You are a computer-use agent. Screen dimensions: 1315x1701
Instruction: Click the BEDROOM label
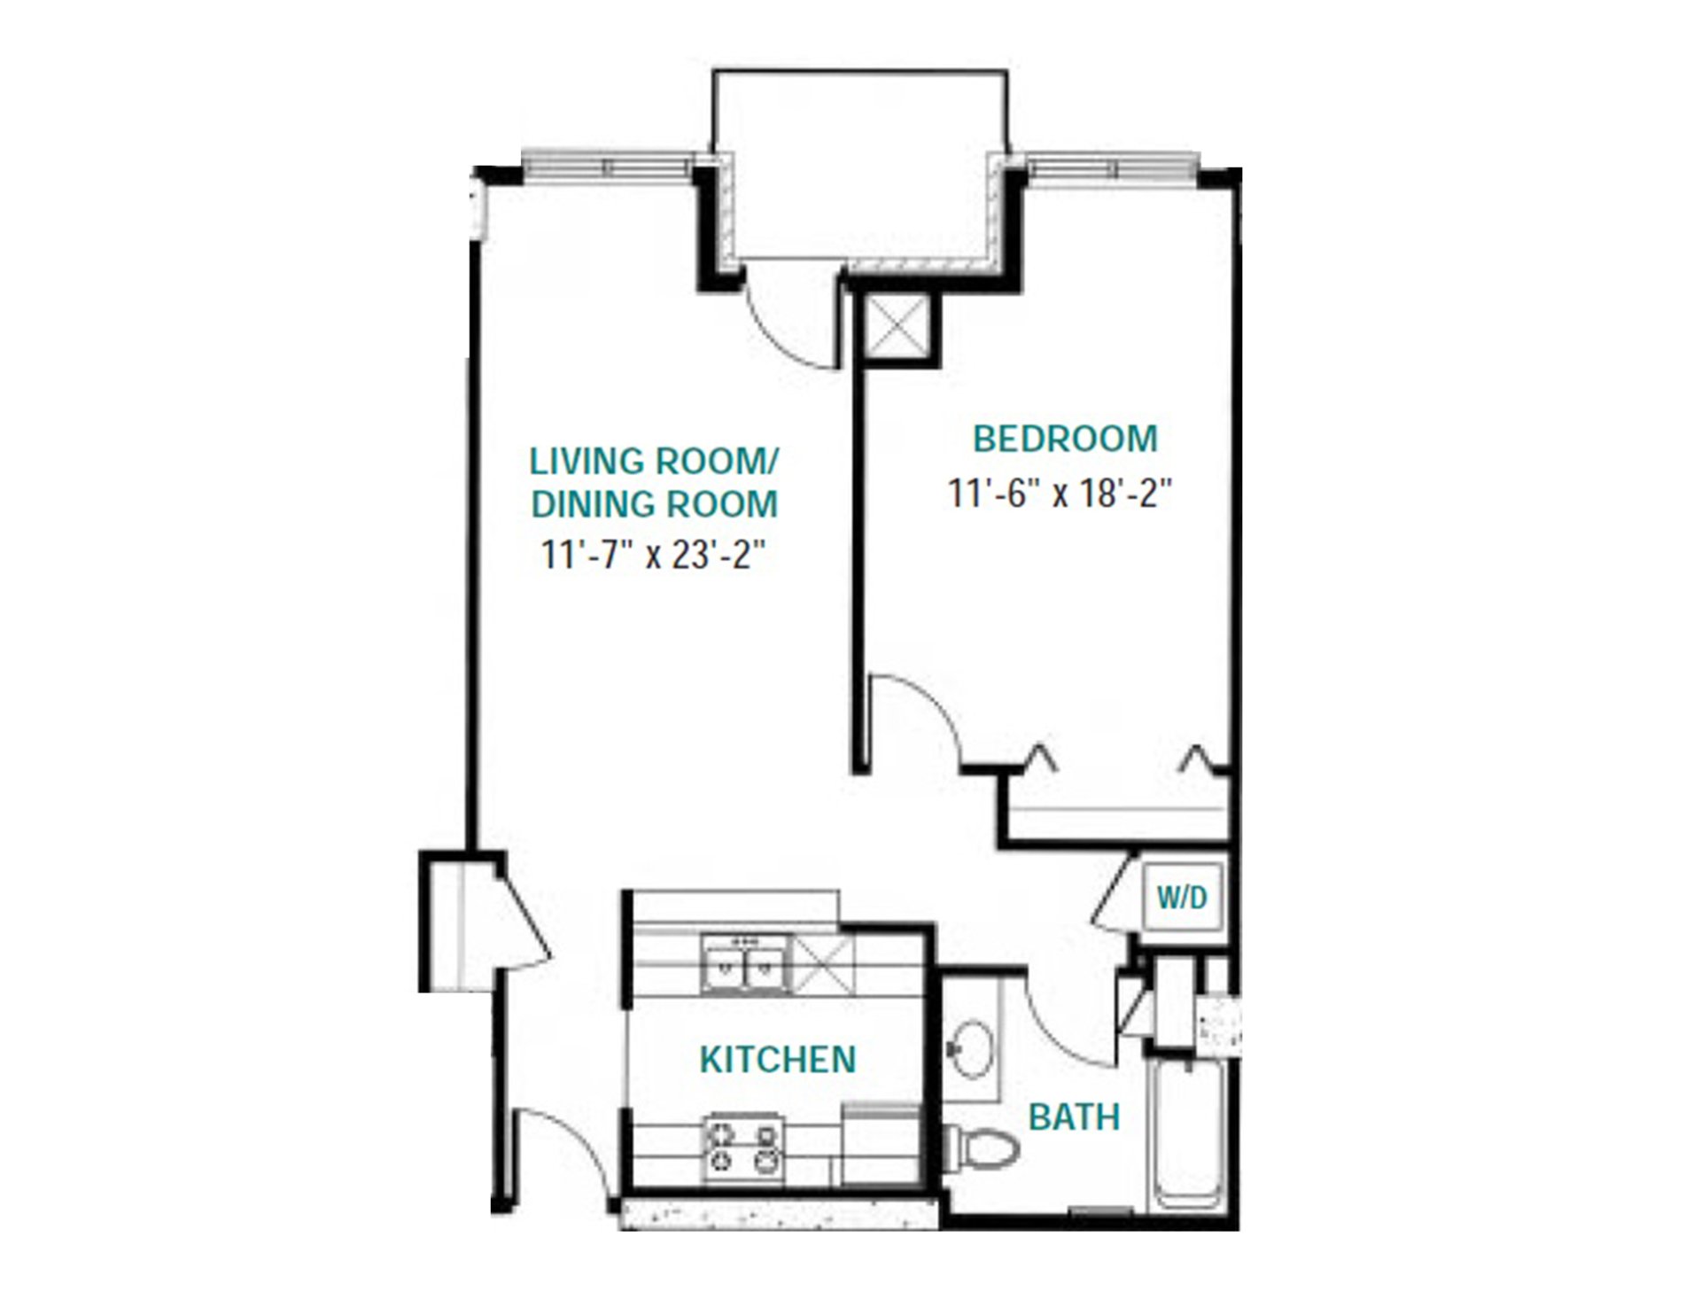[1064, 440]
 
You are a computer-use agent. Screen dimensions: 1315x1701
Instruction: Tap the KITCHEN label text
[778, 1060]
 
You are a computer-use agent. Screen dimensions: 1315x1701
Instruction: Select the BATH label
[1074, 1117]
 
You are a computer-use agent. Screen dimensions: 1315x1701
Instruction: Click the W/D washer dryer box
[1182, 898]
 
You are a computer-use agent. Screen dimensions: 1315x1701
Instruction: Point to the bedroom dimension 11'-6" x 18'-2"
[1060, 494]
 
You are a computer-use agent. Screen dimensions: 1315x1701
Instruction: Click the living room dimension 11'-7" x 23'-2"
[653, 556]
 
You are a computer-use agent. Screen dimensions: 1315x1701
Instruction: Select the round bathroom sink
[972, 1050]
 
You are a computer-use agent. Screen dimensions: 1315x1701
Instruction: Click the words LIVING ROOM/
[653, 462]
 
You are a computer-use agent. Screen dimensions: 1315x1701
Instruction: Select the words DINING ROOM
[654, 504]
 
